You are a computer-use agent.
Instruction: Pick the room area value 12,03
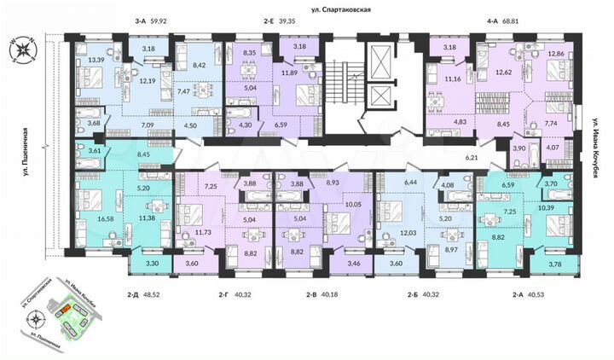tap(398, 234)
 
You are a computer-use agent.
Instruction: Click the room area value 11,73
tap(201, 233)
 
